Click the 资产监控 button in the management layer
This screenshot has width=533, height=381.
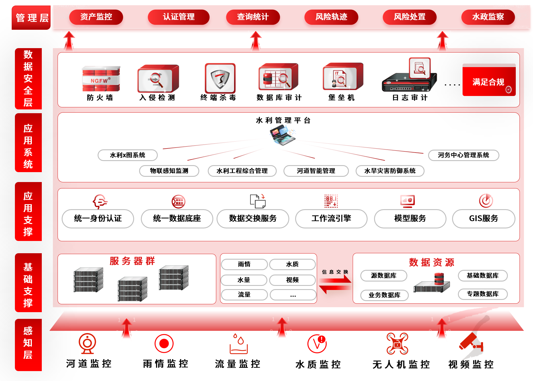pos(96,17)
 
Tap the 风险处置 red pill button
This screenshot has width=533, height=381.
pos(409,17)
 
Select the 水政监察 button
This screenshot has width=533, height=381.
pos(488,17)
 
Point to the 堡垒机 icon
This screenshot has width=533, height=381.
pos(342,77)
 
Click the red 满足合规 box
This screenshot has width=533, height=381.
pos(489,81)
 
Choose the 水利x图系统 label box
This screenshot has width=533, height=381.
pos(127,155)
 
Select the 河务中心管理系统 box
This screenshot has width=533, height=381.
pos(463,155)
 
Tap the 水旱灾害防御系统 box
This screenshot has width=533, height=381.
pos(390,171)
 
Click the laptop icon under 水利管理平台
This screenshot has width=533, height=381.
pos(282,135)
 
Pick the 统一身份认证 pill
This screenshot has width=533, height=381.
pos(98,219)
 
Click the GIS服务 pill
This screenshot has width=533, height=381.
pos(483,219)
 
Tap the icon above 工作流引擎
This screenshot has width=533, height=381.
pos(331,201)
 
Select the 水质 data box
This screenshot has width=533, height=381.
pos(292,264)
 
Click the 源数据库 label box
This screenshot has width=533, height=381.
pos(384,276)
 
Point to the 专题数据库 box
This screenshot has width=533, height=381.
pos(482,294)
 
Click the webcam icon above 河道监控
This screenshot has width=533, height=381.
pos(87,343)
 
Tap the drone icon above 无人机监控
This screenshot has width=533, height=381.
pos(397,344)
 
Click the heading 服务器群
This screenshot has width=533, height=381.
pos(132,261)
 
